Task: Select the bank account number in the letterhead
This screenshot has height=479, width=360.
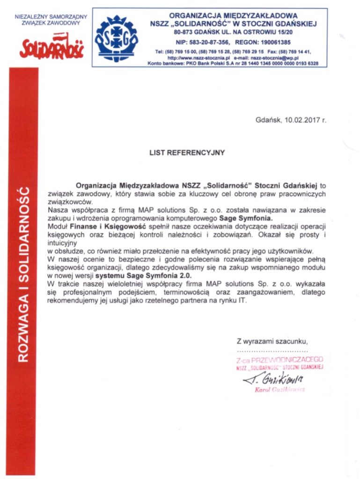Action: point(273,63)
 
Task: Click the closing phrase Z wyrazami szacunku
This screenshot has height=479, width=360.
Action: point(272,341)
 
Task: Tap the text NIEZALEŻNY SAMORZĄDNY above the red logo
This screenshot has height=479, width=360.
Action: point(51,16)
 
